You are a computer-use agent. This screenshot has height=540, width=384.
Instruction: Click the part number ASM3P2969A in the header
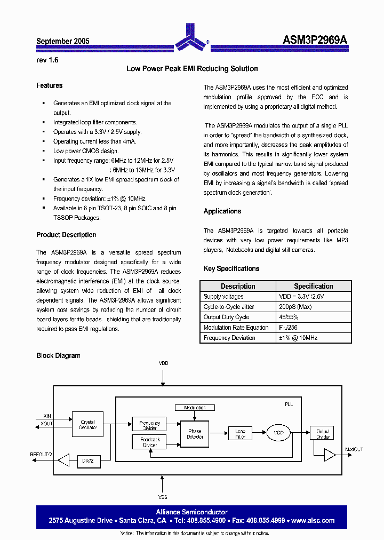click(x=315, y=41)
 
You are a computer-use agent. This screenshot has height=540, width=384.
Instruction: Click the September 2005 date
click(x=62, y=41)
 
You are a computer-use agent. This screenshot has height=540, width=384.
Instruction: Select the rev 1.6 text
click(x=47, y=60)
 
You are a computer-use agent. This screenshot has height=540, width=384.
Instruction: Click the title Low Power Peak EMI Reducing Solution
click(x=192, y=69)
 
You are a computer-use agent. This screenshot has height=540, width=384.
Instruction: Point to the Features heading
click(x=49, y=86)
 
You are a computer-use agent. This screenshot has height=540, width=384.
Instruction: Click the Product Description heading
click(x=66, y=235)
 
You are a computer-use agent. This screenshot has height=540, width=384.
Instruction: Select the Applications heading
click(x=222, y=211)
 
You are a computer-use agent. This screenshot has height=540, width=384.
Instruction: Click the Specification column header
click(x=313, y=287)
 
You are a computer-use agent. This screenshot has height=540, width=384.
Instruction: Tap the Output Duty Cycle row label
click(x=226, y=317)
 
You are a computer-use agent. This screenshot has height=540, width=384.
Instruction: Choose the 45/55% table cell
click(x=289, y=317)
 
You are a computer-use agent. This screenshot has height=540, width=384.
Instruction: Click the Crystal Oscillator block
click(x=87, y=425)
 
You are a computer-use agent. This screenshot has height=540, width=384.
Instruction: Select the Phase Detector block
click(x=195, y=434)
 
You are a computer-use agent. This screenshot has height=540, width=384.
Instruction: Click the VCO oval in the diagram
click(x=279, y=432)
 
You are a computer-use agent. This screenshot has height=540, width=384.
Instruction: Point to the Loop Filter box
click(x=240, y=433)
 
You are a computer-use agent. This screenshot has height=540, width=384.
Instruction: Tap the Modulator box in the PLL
click(x=195, y=408)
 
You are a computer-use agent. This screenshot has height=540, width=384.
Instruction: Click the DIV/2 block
click(x=87, y=460)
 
